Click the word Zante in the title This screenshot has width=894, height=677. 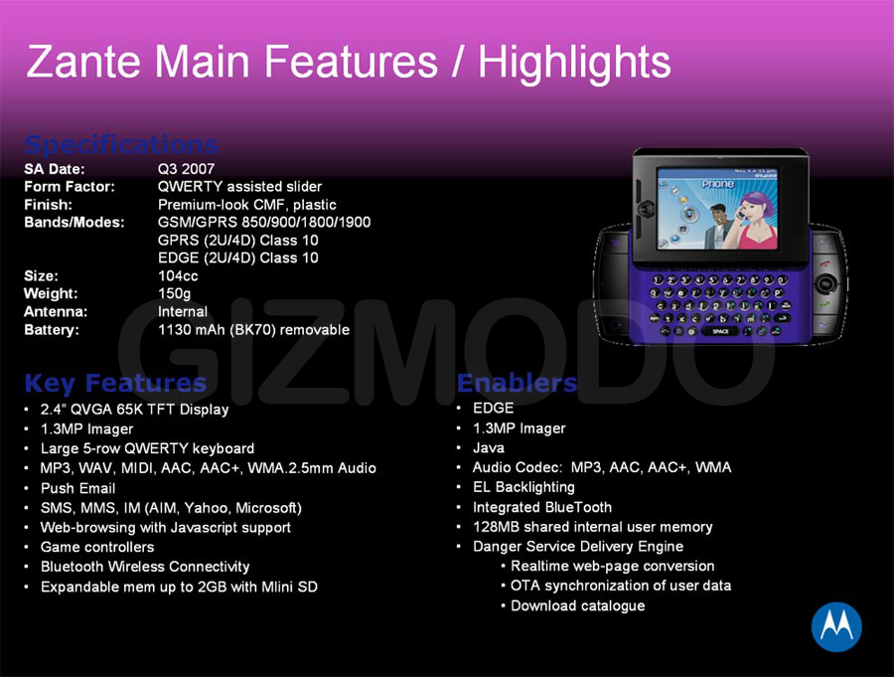coord(83,61)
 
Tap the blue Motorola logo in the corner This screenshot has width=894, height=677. coord(836,626)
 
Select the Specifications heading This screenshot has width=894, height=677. coord(121,144)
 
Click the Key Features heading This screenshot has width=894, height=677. coord(115,383)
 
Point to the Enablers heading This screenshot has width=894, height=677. coord(517,383)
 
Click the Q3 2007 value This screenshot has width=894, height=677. coord(186,169)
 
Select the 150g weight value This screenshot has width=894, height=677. coord(175,294)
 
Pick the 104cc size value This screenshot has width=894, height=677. coord(178,275)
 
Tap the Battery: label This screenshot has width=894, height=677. coord(52,330)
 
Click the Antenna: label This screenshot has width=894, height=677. coord(56,312)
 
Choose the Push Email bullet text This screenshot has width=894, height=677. coord(78,489)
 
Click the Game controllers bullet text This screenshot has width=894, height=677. coord(97,547)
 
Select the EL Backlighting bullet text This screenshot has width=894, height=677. coord(523,487)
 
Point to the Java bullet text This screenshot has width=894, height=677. coord(489,448)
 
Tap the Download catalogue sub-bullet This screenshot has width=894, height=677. coord(577,605)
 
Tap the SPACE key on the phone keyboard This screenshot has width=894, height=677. coord(720,331)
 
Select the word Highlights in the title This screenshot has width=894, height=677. coord(574,63)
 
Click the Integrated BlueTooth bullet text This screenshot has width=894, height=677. coord(542,507)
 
